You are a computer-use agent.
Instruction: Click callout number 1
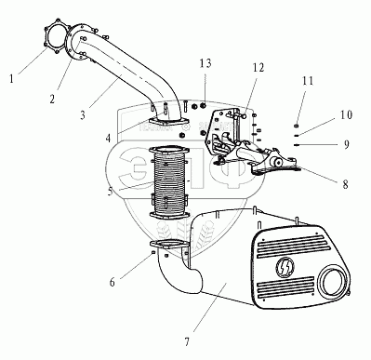[x=11, y=79]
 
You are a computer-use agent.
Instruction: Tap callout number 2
[x=52, y=99]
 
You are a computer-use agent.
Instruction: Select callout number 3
[x=83, y=115]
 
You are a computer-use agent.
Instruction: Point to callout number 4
[x=108, y=138]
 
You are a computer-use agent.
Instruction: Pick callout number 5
[x=111, y=191]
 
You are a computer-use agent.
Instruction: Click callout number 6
[x=113, y=282]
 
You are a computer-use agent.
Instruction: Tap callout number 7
[x=187, y=342]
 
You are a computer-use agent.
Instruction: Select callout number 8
[x=345, y=184]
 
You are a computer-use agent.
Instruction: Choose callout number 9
[x=347, y=144]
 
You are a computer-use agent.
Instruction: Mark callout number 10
[x=346, y=115]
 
